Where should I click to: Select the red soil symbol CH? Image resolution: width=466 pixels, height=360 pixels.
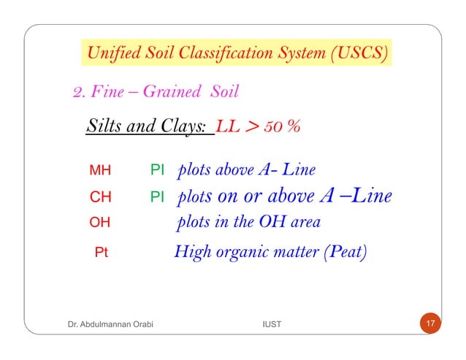100,197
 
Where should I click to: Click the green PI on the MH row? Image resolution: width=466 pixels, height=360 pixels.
156,172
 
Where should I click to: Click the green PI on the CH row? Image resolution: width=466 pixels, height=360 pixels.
156,197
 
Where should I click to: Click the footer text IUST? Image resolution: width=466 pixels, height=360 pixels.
271,323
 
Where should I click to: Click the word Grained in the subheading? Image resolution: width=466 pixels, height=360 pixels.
172,93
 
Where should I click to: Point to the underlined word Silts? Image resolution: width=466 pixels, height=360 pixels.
100,128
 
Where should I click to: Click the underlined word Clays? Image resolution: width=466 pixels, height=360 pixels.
189,128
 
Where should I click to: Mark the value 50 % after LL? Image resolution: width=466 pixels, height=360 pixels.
283,128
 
